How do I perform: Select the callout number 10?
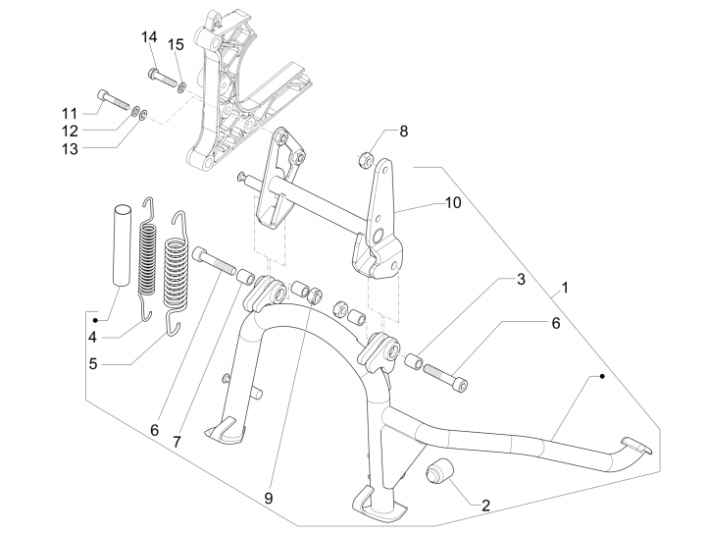pos(451,203)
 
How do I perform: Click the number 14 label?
pos(149,37)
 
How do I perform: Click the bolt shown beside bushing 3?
pos(447,374)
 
